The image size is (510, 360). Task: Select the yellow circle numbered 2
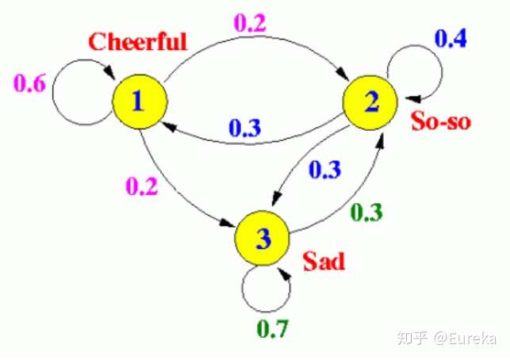[x=370, y=102]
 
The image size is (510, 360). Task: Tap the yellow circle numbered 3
[x=263, y=239]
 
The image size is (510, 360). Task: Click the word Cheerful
[x=138, y=41]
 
